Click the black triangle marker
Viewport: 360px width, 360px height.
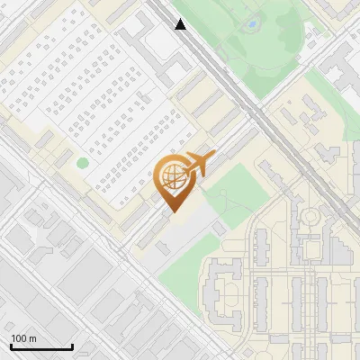pyautogui.click(x=181, y=24)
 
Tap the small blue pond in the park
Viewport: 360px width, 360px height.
pyautogui.click(x=253, y=23)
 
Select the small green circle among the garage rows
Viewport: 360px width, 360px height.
pyautogui.click(x=83, y=163)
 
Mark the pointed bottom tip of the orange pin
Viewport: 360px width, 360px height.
pyautogui.click(x=172, y=212)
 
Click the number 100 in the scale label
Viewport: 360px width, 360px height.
pyautogui.click(x=19, y=338)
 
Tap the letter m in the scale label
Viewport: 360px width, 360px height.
pyautogui.click(x=33, y=338)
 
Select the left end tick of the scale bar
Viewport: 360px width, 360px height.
pyautogui.click(x=10, y=346)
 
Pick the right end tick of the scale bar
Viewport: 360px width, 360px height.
pyautogui.click(x=72, y=346)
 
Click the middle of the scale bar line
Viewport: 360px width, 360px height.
pyautogui.click(x=41, y=347)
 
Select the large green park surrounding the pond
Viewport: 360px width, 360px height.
pyautogui.click(x=270, y=45)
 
